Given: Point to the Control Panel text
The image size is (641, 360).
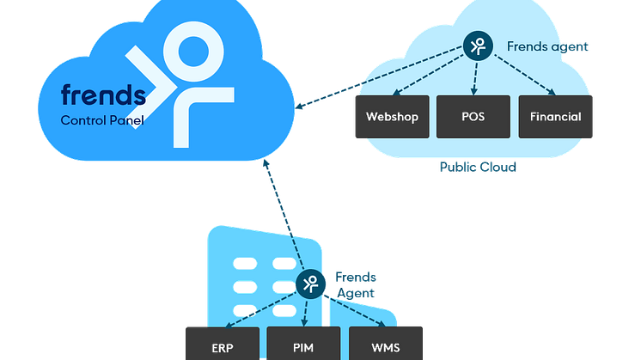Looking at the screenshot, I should [102, 120].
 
